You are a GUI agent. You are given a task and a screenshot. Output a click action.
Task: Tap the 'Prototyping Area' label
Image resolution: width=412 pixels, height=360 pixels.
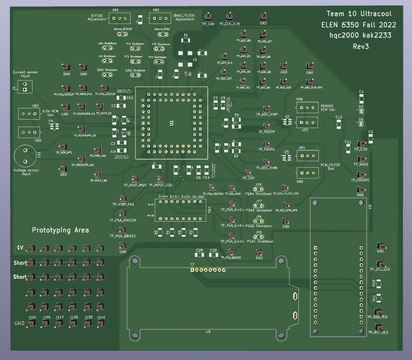click(x=60, y=230)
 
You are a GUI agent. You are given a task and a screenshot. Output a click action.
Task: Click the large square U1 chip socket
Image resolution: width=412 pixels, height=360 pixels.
click(x=171, y=123)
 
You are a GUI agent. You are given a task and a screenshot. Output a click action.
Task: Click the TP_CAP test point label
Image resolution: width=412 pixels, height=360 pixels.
click(x=248, y=178)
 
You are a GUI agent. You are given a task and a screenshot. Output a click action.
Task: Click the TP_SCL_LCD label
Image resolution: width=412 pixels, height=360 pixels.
click(x=378, y=269)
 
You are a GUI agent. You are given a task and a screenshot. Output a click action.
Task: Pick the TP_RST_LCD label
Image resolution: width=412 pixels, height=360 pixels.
click(x=377, y=332)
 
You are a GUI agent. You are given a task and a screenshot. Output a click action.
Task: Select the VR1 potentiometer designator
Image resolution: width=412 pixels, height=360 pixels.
click(x=115, y=10)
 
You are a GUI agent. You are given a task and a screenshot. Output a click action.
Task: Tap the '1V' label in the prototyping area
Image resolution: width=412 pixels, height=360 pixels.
click(x=20, y=247)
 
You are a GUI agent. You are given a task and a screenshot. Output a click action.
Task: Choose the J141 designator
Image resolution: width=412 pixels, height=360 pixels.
click(x=101, y=317)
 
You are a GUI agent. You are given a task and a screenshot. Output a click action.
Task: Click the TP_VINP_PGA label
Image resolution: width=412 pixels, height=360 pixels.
click(x=123, y=204)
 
